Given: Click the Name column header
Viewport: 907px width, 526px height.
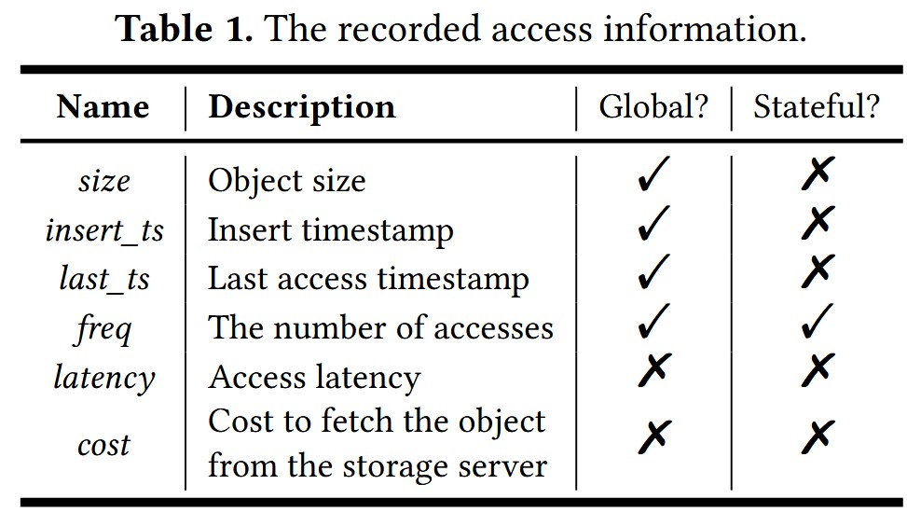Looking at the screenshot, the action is tap(103, 107).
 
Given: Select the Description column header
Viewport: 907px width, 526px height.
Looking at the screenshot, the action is tap(302, 108).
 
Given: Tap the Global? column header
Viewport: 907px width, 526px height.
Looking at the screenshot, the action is tap(653, 107).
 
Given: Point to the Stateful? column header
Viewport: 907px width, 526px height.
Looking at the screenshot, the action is tap(817, 107).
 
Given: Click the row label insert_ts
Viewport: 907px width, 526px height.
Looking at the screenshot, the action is tap(104, 230).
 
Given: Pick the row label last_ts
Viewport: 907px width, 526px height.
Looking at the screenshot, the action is tap(104, 279).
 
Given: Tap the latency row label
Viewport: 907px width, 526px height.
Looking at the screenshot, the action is tap(104, 379).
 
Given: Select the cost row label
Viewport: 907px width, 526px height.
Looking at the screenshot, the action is tap(104, 446).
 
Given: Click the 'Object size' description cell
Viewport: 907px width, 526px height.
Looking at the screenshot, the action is tap(287, 182).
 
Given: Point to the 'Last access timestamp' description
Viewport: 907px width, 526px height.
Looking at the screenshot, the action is tap(368, 280).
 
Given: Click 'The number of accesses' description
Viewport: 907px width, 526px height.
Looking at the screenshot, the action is tap(380, 328).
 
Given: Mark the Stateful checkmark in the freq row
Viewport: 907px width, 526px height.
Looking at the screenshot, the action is tap(818, 321).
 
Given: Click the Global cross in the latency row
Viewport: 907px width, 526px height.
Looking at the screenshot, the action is tap(654, 369).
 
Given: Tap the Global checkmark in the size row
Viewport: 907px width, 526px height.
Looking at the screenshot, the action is tap(654, 173).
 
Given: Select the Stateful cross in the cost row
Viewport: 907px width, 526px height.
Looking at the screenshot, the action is tap(818, 436).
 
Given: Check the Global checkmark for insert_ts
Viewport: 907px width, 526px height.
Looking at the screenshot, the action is tap(654, 222).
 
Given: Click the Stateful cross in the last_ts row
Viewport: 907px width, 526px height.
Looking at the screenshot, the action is tap(818, 271).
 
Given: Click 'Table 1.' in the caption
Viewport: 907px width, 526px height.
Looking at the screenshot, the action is tap(185, 28).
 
